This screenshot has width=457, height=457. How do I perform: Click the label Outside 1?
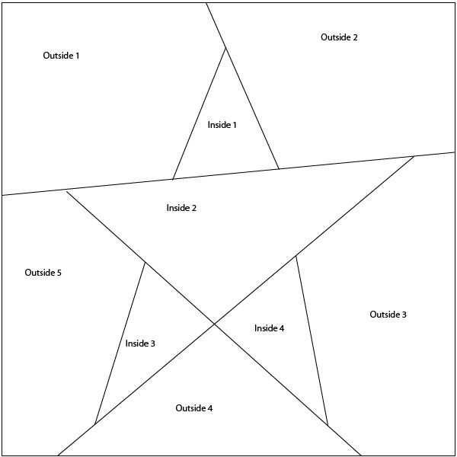[x=61, y=56]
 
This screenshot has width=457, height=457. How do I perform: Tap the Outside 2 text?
[x=339, y=37]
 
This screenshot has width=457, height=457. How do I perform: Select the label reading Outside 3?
[x=388, y=315]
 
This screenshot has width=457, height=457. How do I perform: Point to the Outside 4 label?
[x=193, y=408]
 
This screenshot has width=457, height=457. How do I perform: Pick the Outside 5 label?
[x=43, y=273]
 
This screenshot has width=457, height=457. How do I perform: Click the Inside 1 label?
[x=222, y=125]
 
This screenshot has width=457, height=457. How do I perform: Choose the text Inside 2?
[x=181, y=208]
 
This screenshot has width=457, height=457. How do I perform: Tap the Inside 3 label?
[x=140, y=344]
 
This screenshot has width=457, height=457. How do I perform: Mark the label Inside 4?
[x=269, y=328]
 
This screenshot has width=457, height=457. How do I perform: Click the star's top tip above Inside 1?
[x=225, y=48]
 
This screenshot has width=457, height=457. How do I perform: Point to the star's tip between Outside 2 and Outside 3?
[x=414, y=156]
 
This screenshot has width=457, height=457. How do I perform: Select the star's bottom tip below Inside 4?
[x=328, y=425]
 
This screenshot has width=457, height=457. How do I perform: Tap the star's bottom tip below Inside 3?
[x=94, y=424]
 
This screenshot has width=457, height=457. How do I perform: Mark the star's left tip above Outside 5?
[x=66, y=190]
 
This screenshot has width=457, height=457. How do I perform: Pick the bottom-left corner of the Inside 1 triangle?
[x=173, y=180]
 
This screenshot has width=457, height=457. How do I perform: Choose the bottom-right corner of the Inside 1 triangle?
[x=279, y=169]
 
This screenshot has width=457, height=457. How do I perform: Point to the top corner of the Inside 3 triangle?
[x=145, y=262]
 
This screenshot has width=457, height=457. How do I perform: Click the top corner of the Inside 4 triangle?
[x=296, y=255]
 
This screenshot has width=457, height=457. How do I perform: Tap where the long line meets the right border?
[x=455, y=152]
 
